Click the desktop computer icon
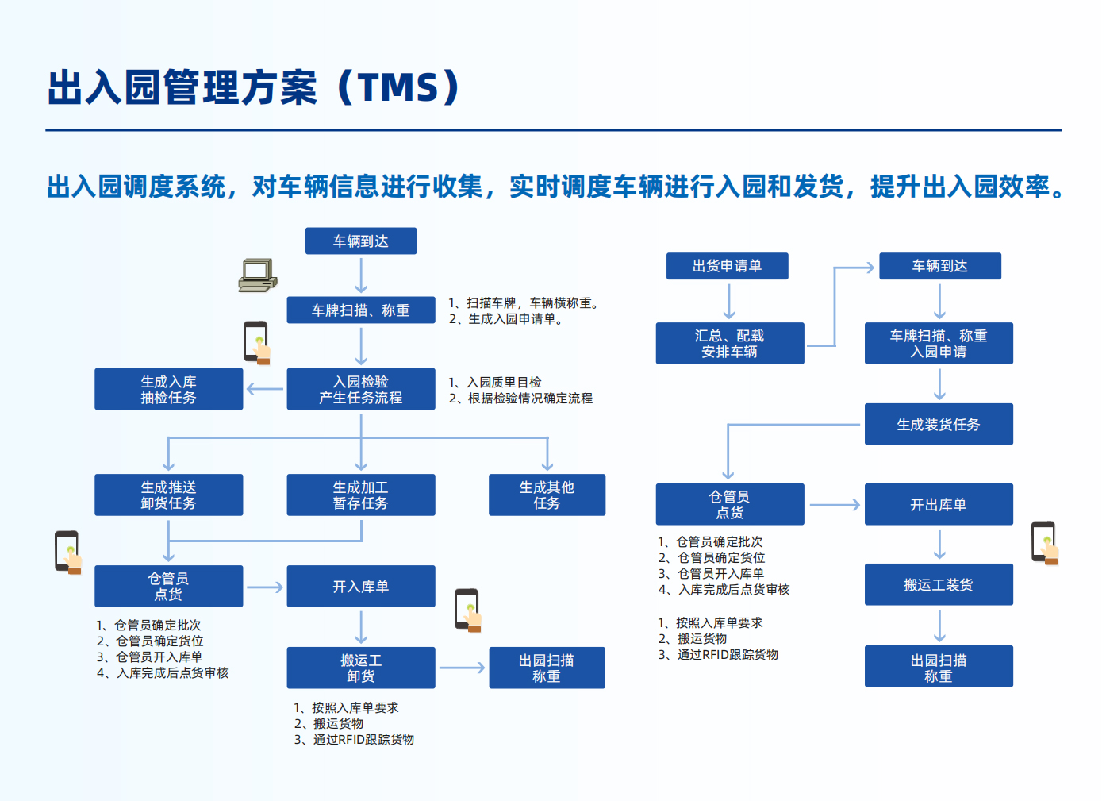[x=258, y=275]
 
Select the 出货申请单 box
[x=727, y=266]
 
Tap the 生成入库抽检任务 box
[x=168, y=389]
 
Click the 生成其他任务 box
[x=547, y=495]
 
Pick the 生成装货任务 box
[x=939, y=424]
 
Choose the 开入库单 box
[x=361, y=586]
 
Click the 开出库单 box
[x=939, y=504]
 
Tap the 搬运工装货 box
[x=939, y=584]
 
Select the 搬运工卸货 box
[x=361, y=668]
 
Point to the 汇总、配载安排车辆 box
[x=730, y=344]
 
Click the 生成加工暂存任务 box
[x=361, y=495]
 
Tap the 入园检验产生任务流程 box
[x=361, y=389]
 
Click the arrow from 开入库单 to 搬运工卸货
[x=361, y=626]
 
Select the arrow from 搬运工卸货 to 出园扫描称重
[x=462, y=668]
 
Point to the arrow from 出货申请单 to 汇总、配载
[x=729, y=301]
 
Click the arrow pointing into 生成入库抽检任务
[x=265, y=389]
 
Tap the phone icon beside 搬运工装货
[x=1045, y=543]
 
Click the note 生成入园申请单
[x=512, y=319]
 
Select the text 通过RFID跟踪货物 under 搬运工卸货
[x=363, y=739]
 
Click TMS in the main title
[x=398, y=87]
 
